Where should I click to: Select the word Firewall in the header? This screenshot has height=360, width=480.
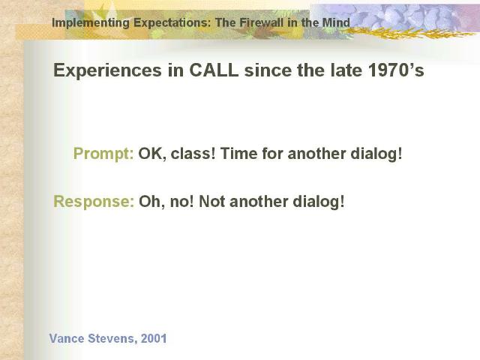(x=262, y=22)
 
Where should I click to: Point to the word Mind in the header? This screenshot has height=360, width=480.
(x=336, y=22)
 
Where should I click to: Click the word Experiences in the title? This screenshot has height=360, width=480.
(x=107, y=70)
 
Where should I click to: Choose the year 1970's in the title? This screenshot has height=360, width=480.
(x=396, y=70)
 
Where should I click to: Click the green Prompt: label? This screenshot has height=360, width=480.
(x=103, y=154)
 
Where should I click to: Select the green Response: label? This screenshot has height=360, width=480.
(x=94, y=202)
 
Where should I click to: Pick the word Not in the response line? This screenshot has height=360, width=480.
(x=211, y=202)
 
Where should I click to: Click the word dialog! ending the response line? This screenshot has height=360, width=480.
(x=319, y=202)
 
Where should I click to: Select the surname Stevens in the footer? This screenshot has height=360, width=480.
(x=112, y=339)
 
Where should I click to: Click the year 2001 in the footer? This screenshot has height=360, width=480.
(x=154, y=338)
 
